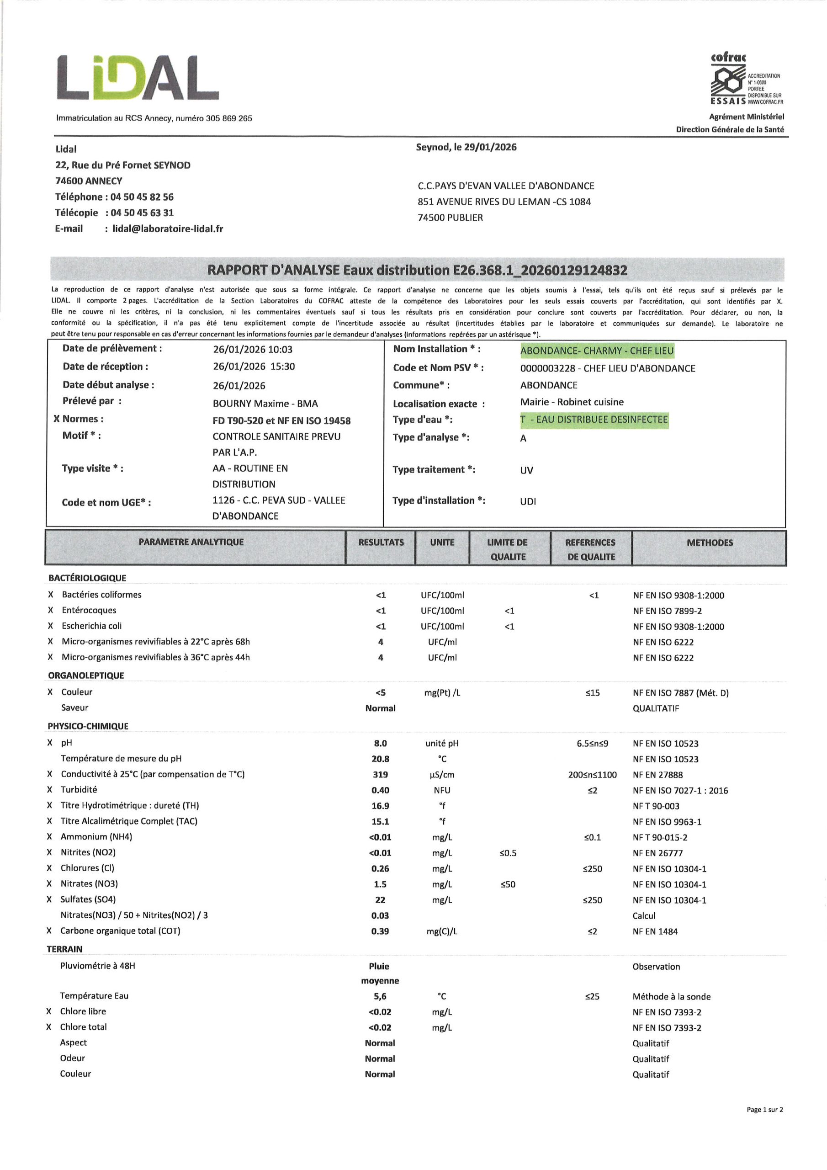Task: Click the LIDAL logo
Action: (138, 77)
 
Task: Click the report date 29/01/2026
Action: (490, 147)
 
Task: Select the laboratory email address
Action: (168, 229)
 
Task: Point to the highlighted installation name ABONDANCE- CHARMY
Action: (597, 351)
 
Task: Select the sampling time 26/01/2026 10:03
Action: (253, 350)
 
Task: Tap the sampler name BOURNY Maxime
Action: (265, 404)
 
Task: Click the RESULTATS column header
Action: (381, 542)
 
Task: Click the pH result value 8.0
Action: (381, 744)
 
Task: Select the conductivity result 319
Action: (381, 775)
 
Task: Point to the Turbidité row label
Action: (79, 790)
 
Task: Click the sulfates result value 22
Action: (380, 900)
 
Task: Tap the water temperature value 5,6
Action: (380, 996)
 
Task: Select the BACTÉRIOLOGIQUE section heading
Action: (87, 578)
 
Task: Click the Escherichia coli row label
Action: (92, 626)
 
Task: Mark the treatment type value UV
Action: (526, 470)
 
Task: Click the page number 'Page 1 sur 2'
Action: (764, 1109)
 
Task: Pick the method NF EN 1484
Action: (655, 931)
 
